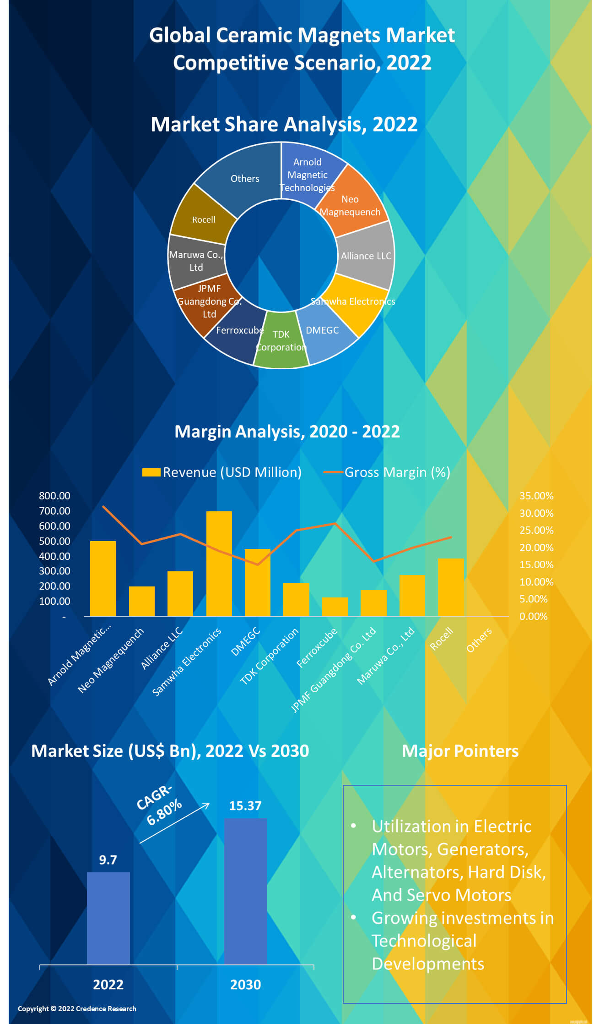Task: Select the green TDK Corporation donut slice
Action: click(281, 341)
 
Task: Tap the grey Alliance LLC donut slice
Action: click(366, 255)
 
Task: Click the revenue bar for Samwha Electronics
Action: click(219, 564)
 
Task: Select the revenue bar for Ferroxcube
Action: click(335, 607)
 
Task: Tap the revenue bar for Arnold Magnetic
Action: click(103, 578)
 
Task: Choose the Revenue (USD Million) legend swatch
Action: click(151, 472)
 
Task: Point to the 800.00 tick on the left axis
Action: click(54, 496)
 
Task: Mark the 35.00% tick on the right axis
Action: click(536, 496)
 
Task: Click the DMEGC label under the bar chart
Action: click(245, 642)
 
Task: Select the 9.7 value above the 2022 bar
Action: click(108, 860)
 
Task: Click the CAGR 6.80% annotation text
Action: click(160, 806)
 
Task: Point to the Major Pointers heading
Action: click(460, 751)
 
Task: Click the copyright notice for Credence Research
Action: click(77, 1008)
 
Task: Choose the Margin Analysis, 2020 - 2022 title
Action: click(287, 432)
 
